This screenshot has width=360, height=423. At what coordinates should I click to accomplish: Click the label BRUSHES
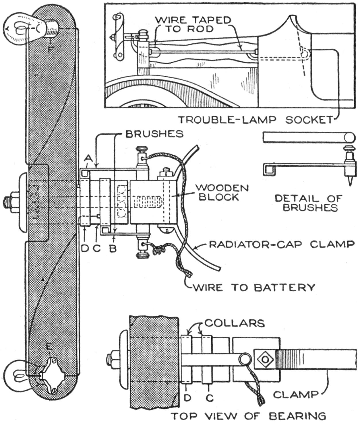(x=154, y=134)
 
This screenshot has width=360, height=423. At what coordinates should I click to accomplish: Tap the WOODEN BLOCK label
(x=222, y=193)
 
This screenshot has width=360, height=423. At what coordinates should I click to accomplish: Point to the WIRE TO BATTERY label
(x=254, y=287)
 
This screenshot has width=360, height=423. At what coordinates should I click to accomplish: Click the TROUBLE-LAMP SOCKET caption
(x=256, y=119)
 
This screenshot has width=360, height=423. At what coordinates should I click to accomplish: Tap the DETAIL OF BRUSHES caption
(x=309, y=203)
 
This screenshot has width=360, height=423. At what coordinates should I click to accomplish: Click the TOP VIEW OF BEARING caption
(x=249, y=416)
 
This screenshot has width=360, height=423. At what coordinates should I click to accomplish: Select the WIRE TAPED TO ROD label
(x=193, y=24)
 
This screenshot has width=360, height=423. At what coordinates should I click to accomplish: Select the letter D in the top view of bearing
(x=187, y=398)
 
